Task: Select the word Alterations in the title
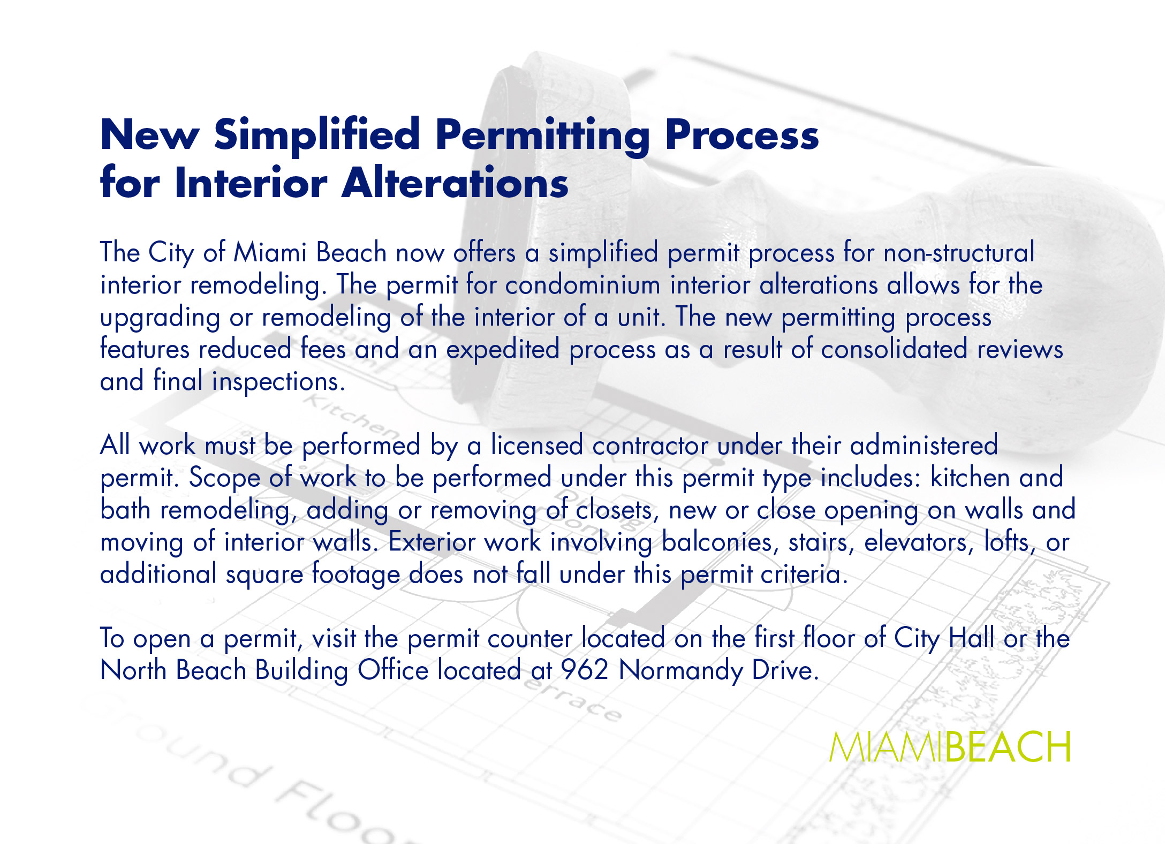pyautogui.click(x=455, y=183)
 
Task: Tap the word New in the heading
pyautogui.click(x=150, y=134)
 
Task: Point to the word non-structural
pyautogui.click(x=959, y=252)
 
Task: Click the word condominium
pyautogui.click(x=582, y=284)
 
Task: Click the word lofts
pyautogui.click(x=1009, y=542)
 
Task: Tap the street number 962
pyautogui.click(x=585, y=670)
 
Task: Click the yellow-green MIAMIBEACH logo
pyautogui.click(x=950, y=747)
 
